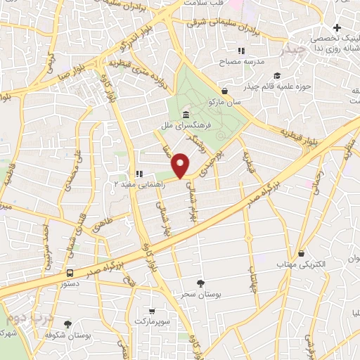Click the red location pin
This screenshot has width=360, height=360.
pyautogui.click(x=181, y=165)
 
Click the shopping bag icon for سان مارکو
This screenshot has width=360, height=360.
pyautogui.click(x=224, y=91)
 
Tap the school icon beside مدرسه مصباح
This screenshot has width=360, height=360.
pyautogui.click(x=241, y=51)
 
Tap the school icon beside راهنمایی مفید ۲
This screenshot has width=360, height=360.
pyautogui.click(x=139, y=174)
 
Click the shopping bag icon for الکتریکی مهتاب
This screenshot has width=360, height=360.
pyautogui.click(x=301, y=253)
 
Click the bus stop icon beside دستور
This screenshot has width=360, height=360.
pyautogui.click(x=69, y=272)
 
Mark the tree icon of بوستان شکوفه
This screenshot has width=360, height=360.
pyautogui.click(x=67, y=324)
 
